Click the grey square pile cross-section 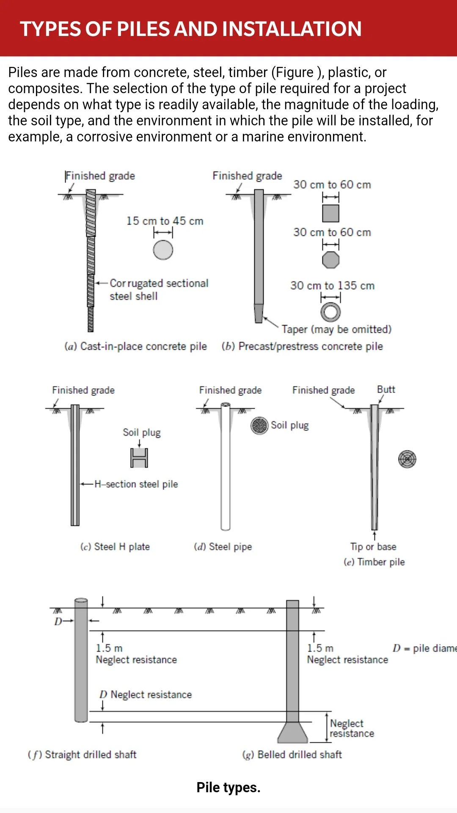pos(331,213)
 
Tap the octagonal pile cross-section pos(331,260)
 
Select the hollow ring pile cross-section pos(330,312)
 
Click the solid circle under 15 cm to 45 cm pos(163,250)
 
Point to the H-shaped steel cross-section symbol pos(139,458)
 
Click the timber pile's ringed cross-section pos(407,459)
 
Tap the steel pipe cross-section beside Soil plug pos(259,426)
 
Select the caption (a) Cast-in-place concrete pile pos(135,346)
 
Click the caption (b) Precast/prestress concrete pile pos(302,346)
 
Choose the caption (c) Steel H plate pos(115,547)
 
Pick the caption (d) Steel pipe pos(223,547)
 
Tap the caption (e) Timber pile pos(374,562)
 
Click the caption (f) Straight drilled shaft pos(82,755)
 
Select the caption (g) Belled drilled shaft pos(292,755)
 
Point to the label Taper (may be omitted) pos(337,329)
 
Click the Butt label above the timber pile pos(386,389)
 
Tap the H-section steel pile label pos(136,484)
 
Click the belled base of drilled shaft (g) pos(293,733)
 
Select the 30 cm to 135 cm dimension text pos(332,285)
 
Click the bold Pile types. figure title pos(228,788)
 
